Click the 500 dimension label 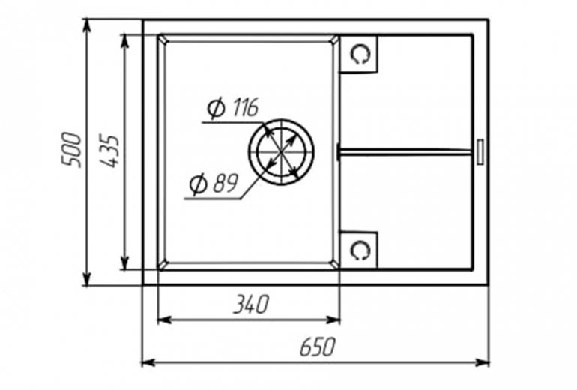[70, 150]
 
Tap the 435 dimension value [109, 152]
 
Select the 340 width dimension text [251, 304]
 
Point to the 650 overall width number [318, 347]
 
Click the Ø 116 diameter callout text [233, 108]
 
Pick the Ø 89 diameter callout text [214, 184]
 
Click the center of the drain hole [281, 151]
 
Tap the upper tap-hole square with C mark [359, 54]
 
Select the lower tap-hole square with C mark [359, 250]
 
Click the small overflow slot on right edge [480, 151]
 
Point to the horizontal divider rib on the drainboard [405, 151]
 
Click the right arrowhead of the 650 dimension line [481, 362]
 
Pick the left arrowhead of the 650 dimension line [149, 362]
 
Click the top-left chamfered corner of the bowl [163, 39]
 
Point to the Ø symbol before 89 [198, 184]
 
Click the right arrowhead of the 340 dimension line [332, 319]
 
